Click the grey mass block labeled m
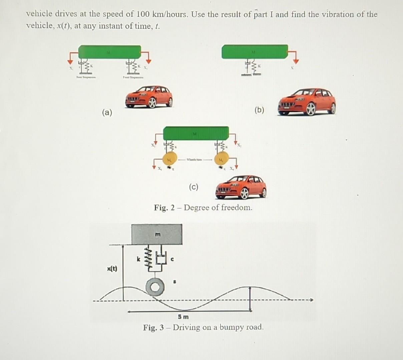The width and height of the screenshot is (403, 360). [x=157, y=234]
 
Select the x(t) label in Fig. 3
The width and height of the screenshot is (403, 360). [x=112, y=269]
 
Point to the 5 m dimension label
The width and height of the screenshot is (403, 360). [x=183, y=316]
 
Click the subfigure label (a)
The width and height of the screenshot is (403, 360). [x=107, y=112]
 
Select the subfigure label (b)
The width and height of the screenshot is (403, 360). [x=259, y=110]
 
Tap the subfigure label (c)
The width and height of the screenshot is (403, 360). [x=193, y=187]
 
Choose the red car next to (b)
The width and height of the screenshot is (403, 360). [x=307, y=102]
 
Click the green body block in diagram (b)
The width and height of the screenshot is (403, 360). [x=255, y=52]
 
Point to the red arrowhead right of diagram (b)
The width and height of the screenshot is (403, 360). [x=296, y=61]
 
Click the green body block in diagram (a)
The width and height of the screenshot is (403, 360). [x=109, y=52]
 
